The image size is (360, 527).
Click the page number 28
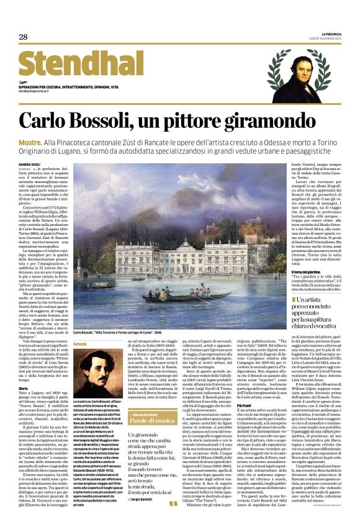23,37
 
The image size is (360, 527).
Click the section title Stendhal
77,65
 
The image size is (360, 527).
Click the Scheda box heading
81,343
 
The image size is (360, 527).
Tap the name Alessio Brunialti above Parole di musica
146,396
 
